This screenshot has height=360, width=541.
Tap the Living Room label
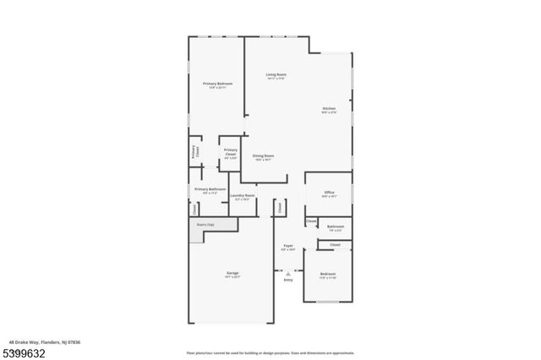pos(276,75)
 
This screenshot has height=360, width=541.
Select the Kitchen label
pos(329,109)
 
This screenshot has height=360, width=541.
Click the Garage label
pos(232,274)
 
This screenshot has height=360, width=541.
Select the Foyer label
pos(287,247)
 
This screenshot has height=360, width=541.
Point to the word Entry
pos(288,280)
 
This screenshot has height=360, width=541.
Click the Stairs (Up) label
pos(205,225)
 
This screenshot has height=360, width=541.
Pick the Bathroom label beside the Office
pos(336,226)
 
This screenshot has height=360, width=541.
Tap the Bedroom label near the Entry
pos(328,274)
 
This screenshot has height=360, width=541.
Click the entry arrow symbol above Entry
pos(288,273)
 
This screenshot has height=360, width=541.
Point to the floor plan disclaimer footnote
pos(270,352)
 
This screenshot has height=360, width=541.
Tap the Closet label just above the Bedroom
pos(335,245)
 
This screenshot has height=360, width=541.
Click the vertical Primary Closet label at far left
pos(194,152)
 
